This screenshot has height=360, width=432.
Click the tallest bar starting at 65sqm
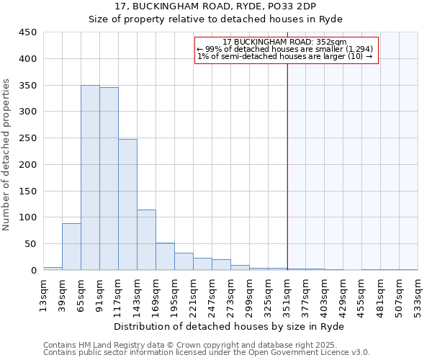[x=90, y=178]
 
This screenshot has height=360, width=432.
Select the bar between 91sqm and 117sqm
[x=109, y=179]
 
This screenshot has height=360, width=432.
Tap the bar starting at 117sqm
[x=127, y=204]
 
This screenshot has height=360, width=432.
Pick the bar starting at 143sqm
[x=146, y=240]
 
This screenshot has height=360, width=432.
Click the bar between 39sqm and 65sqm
[x=71, y=247]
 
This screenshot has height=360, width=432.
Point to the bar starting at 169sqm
[x=165, y=256]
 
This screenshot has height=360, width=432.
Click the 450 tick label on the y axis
[x=27, y=32]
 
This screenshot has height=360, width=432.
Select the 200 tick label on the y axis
[x=27, y=164]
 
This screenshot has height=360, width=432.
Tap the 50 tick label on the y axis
[x=30, y=244]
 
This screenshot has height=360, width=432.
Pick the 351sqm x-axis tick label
[x=287, y=295]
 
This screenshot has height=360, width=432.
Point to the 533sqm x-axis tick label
[x=418, y=295]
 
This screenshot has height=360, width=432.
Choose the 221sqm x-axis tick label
[x=194, y=295]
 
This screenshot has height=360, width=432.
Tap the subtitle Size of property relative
[x=215, y=19]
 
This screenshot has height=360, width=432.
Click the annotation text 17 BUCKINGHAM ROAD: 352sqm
[x=284, y=42]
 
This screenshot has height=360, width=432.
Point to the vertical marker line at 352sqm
[x=287, y=166]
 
